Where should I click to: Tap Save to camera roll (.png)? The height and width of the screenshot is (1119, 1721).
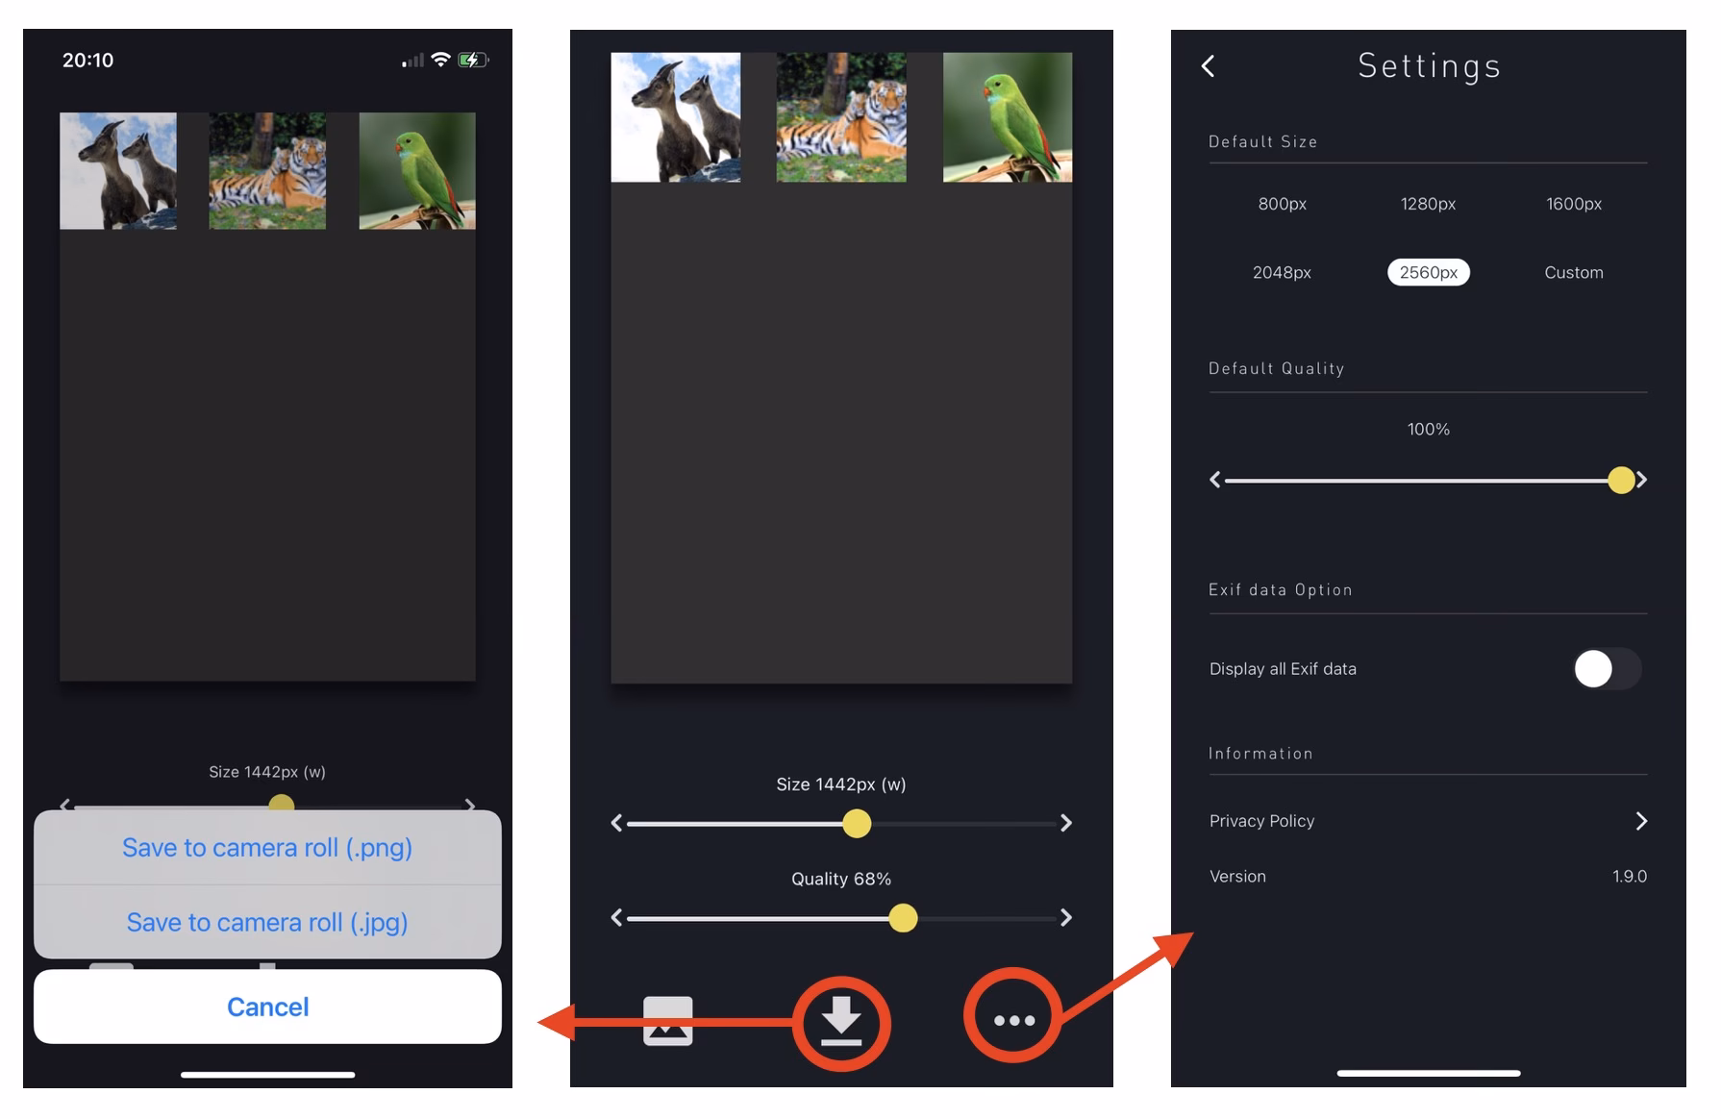(x=267, y=848)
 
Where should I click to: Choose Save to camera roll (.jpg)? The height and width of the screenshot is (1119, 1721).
(x=267, y=923)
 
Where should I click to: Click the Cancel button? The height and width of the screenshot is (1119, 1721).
(x=267, y=1007)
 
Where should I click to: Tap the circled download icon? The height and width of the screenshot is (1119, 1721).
(x=841, y=1022)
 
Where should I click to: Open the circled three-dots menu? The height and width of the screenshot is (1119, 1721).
(x=1013, y=1020)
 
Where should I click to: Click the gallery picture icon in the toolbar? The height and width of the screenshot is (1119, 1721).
(x=667, y=1021)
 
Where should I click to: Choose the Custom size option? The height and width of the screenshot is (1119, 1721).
(x=1573, y=272)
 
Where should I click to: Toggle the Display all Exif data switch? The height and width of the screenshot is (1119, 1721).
(x=1606, y=669)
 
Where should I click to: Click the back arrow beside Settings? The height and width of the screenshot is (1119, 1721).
(x=1209, y=66)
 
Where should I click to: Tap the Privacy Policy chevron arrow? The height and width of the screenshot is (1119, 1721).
(x=1641, y=821)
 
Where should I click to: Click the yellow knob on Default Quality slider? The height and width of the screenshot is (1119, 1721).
(x=1621, y=480)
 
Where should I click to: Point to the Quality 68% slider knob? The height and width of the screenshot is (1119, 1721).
(x=903, y=918)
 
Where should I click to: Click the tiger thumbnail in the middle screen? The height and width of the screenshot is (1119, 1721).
(x=841, y=117)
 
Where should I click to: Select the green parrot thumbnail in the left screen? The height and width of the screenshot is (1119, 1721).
(x=417, y=171)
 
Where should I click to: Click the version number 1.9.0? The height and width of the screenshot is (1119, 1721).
(x=1629, y=877)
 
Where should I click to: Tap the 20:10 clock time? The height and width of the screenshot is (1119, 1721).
(x=88, y=61)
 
